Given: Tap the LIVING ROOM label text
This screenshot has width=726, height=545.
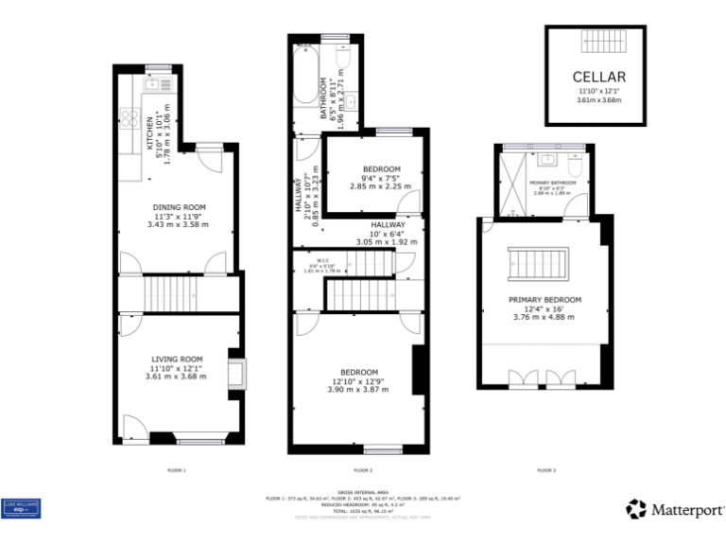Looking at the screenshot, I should point(178,359).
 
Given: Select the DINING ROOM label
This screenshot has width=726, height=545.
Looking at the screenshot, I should point(180,207).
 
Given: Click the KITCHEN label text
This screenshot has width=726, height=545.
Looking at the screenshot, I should point(148,140).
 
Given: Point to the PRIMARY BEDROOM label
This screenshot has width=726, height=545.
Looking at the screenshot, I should point(544,300).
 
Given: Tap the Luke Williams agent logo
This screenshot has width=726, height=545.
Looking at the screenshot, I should point(22,508).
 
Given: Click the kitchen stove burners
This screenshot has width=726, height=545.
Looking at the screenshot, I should point(130,120).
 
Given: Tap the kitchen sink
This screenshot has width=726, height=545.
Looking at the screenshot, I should point(152,84).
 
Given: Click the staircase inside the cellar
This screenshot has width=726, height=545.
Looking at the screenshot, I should point(598,44).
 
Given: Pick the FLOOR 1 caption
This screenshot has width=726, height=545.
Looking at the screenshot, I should point(177,469).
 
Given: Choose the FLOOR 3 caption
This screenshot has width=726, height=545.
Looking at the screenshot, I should point(546,469).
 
